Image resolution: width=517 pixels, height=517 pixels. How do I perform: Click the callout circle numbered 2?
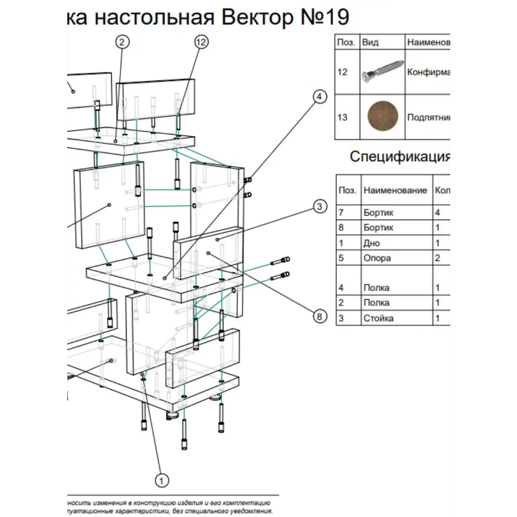121,42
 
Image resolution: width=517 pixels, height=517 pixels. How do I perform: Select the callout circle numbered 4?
320,97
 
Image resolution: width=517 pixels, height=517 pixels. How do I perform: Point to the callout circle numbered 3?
320,207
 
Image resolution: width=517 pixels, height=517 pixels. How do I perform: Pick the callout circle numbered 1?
162,480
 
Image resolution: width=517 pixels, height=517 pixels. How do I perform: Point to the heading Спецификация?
400,156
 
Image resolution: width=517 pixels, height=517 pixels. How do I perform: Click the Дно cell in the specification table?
372,243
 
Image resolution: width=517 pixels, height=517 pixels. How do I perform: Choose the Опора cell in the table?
377,258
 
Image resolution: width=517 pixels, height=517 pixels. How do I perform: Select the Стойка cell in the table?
378,318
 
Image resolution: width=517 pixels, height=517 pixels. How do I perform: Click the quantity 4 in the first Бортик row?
438,212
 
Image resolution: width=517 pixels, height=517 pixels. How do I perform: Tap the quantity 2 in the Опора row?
438,258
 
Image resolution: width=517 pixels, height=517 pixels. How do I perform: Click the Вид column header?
370,42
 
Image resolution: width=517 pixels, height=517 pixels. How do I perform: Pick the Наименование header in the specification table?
395,190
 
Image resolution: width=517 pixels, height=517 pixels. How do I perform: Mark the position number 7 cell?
341,212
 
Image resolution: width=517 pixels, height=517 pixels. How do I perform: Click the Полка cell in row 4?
376,288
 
